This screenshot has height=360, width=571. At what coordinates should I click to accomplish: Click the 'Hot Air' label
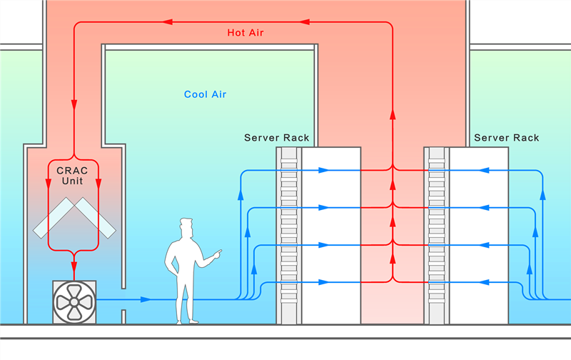pyautogui.click(x=246, y=33)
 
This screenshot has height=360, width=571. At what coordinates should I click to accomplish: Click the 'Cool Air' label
pyautogui.click(x=206, y=94)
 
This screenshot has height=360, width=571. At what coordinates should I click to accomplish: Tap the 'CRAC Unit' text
pyautogui.click(x=74, y=176)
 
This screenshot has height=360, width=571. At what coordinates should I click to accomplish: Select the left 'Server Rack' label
pyautogui.click(x=277, y=137)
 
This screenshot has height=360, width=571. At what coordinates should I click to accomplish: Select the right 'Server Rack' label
pyautogui.click(x=506, y=137)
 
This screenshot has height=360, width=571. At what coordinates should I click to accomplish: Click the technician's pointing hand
pyautogui.click(x=216, y=253)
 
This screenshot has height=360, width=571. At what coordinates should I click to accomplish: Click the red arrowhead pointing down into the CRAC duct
pyautogui.click(x=74, y=104)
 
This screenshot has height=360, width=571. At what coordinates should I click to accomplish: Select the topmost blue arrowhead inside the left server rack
pyautogui.click(x=323, y=171)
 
